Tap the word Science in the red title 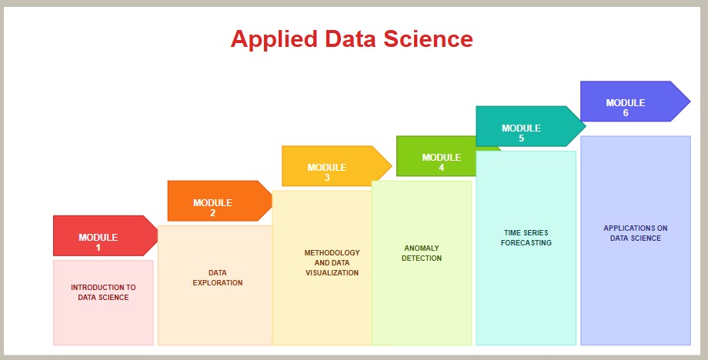pyautogui.click(x=428, y=38)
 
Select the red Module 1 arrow pyautogui.click(x=105, y=235)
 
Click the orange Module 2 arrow pyautogui.click(x=219, y=201)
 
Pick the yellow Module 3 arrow pyautogui.click(x=336, y=166)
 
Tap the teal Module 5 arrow pyautogui.click(x=530, y=126)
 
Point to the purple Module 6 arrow pyautogui.click(x=635, y=101)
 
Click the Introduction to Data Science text pyautogui.click(x=103, y=292)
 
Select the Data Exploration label pyautogui.click(x=218, y=278)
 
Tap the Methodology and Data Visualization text pyautogui.click(x=332, y=262)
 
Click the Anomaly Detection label pyautogui.click(x=422, y=253)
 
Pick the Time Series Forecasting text pyautogui.click(x=526, y=238)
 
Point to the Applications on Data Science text pyautogui.click(x=636, y=233)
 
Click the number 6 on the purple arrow pyautogui.click(x=626, y=113)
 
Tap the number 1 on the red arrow pyautogui.click(x=98, y=247)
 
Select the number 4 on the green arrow pyautogui.click(x=442, y=168)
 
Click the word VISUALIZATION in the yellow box pyautogui.click(x=332, y=272)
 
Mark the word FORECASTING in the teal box pyautogui.click(x=526, y=243)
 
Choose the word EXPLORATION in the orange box pyautogui.click(x=218, y=283)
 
